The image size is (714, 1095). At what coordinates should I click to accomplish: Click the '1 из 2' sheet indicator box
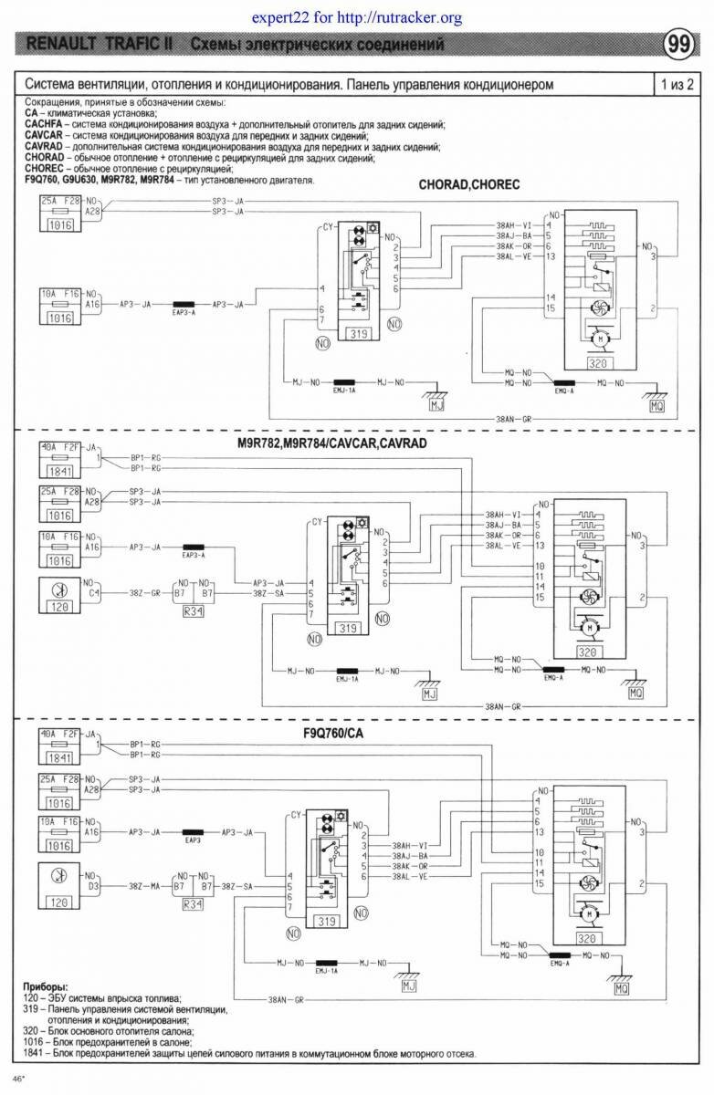point(677,85)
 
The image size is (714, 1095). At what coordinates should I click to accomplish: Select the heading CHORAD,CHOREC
point(469,184)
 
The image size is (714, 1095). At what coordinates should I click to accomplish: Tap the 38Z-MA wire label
point(144,885)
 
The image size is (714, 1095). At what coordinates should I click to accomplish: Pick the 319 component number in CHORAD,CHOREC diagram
point(358,335)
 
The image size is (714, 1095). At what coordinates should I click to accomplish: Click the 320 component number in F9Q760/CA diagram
point(587,937)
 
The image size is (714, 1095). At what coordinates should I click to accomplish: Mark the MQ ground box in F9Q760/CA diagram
point(621,988)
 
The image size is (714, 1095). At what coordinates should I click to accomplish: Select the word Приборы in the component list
point(45,987)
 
